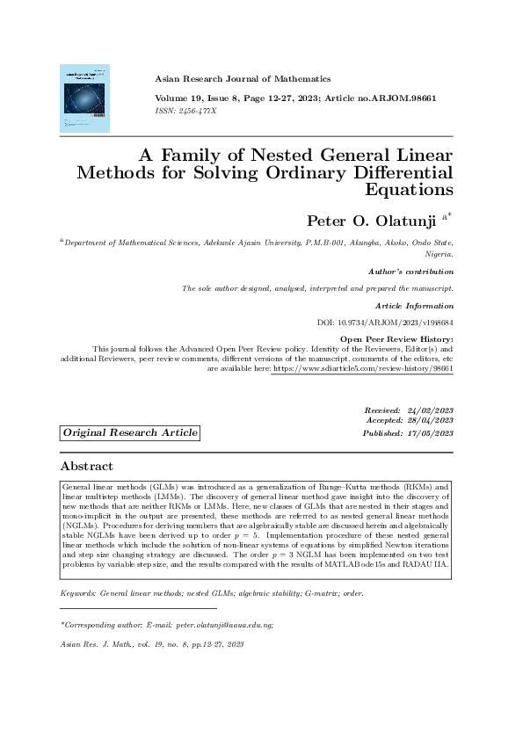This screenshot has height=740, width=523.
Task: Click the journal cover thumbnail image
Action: pos(84,98)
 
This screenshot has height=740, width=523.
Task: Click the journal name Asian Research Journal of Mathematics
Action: pos(243,78)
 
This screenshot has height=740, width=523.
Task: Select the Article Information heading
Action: pos(414,306)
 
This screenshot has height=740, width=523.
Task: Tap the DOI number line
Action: pos(385,323)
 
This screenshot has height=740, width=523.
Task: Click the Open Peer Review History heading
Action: pos(396,339)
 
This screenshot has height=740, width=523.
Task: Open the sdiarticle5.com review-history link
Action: pos(363,371)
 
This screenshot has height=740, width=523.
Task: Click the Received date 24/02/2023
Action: pos(430,411)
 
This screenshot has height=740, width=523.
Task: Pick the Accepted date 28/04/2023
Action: pos(430,422)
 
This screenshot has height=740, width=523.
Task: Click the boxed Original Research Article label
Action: pos(130,433)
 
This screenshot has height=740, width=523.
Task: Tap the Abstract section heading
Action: pos(86,466)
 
